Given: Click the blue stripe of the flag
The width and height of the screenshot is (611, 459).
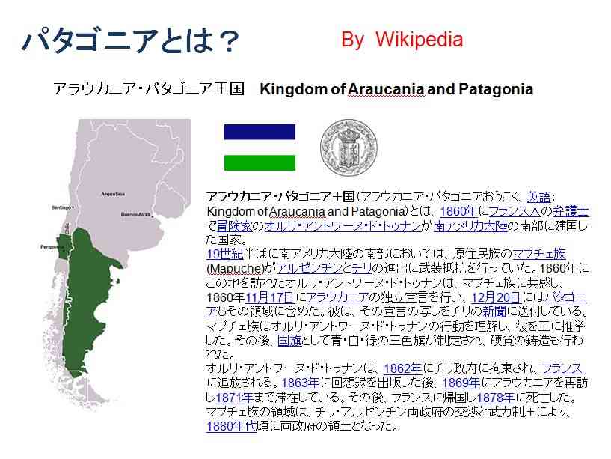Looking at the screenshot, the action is pos(260,132).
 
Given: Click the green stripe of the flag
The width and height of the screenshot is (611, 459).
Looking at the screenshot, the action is pos(260,162).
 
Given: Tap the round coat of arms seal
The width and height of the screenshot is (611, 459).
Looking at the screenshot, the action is pos(349,148).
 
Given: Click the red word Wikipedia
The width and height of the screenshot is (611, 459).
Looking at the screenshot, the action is pos(420,40).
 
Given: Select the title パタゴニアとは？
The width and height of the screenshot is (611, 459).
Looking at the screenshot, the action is pos(131,40).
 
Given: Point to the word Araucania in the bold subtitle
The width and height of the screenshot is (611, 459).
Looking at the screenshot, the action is pos(386,89).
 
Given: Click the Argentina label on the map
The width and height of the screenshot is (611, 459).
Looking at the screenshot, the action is pos(113,194).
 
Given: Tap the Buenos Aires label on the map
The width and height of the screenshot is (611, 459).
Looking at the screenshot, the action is pos(135,214).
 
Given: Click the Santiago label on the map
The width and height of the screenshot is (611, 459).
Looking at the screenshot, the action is pos(61,207).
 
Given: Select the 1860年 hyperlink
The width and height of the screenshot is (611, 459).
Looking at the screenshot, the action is pos(458,211).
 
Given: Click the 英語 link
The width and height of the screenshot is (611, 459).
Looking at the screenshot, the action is pos(539,196).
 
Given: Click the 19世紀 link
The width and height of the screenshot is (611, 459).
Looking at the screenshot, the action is pos(224,254).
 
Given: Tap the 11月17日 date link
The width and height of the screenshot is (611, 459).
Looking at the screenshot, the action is pos(270,297).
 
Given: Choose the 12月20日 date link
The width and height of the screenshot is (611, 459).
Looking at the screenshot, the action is pos(496,297).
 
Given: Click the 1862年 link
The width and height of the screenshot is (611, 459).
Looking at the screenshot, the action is pos(402,368).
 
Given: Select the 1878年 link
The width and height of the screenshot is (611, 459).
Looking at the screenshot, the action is pos(495,398).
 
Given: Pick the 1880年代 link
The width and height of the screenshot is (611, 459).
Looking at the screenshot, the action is pos(232,426).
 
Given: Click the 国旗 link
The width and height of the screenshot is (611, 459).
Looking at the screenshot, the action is pos(290,341).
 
